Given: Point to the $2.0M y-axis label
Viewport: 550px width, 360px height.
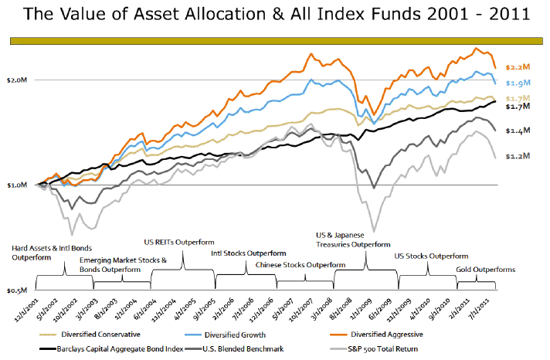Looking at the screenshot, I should click(x=17, y=80).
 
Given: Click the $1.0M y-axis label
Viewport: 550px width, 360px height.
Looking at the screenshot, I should click(x=17, y=185).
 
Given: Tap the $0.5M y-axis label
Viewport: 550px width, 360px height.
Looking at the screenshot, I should click(x=17, y=290).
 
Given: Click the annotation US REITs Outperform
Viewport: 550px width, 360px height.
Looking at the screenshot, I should click(x=179, y=242).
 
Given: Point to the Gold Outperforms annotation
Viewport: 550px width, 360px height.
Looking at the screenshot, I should click(x=486, y=270).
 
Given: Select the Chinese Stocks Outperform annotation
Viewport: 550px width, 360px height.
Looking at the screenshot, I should click(x=294, y=264).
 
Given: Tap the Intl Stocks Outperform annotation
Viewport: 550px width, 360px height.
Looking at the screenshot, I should click(x=249, y=253).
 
